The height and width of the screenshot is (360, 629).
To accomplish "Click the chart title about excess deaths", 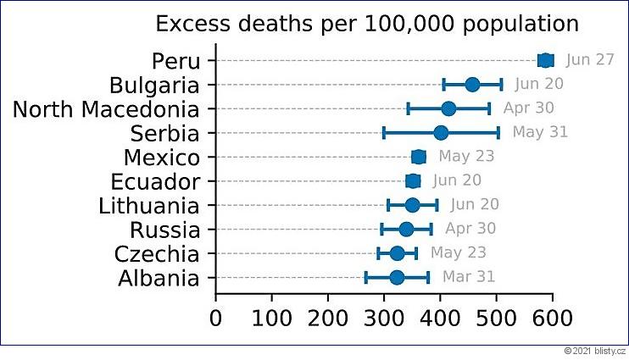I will point(367,23).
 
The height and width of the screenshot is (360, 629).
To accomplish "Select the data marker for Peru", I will point(545,59).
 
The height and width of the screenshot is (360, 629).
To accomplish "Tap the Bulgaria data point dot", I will point(472,84).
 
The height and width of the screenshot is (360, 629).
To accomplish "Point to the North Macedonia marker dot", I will point(448,108).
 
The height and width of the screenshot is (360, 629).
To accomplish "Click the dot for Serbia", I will point(441,132).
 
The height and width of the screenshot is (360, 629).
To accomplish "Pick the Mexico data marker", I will point(418,157).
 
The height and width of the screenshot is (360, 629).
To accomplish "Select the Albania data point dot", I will point(397,277).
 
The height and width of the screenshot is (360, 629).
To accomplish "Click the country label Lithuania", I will point(149,206).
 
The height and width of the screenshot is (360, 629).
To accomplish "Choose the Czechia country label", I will point(159,254).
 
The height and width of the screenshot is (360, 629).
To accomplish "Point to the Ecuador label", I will point(155,181).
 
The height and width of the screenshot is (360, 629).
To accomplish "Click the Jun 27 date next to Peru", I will point(590,59).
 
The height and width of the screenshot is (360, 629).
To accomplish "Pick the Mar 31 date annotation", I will point(468,277).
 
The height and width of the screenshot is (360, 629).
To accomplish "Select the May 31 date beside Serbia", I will point(540,132).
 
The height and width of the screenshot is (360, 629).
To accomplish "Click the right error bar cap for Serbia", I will point(498,132).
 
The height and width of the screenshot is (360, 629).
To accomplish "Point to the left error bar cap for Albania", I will point(365,277).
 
